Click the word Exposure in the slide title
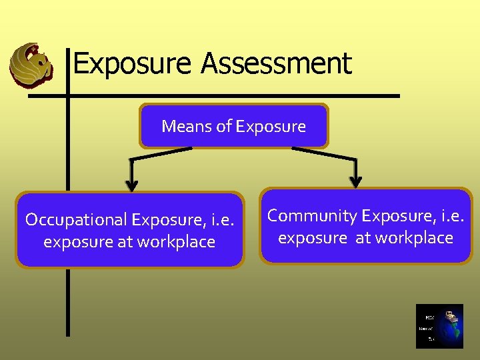pos(133,64)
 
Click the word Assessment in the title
pos(275,64)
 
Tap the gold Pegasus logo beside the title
pos(30,65)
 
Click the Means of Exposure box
pos(233,125)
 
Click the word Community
pos(312,215)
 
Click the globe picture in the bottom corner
pos(439,327)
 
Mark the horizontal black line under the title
pos(213,96)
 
